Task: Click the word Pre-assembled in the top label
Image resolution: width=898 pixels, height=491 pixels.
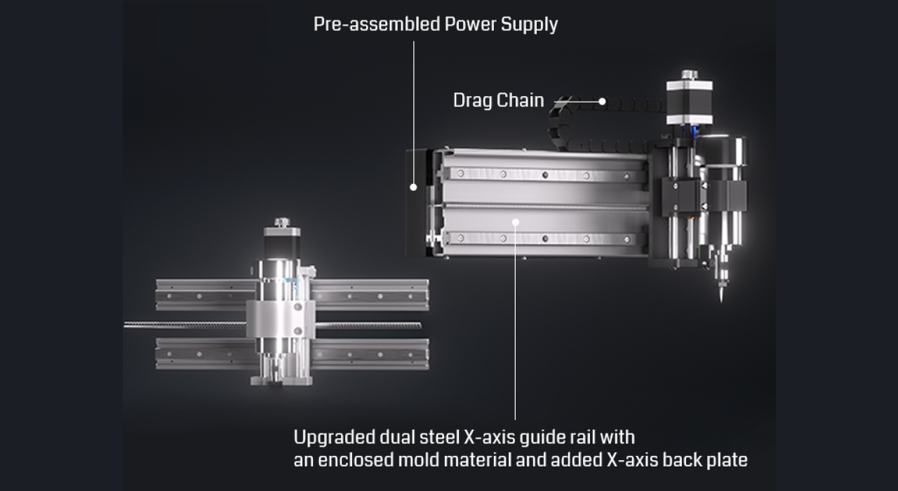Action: click(x=377, y=24)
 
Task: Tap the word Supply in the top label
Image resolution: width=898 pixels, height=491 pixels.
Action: click(x=529, y=25)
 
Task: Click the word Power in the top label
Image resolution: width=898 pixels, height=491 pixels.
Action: click(x=470, y=24)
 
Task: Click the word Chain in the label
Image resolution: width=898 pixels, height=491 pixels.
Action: click(x=521, y=100)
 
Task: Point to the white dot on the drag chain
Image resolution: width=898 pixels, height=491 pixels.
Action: click(x=602, y=102)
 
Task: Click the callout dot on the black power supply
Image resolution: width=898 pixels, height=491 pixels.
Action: click(x=413, y=187)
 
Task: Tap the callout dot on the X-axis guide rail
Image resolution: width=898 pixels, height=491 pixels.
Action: click(x=516, y=222)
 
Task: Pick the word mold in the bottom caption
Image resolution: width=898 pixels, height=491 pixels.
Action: click(x=419, y=459)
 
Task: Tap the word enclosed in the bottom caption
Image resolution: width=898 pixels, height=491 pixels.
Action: click(x=356, y=459)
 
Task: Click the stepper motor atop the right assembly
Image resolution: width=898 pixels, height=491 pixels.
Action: click(x=690, y=102)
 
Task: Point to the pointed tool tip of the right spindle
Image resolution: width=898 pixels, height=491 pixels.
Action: click(x=722, y=302)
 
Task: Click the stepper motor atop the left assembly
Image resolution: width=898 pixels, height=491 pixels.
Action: click(x=282, y=243)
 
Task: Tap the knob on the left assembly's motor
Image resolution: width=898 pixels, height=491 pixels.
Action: click(x=282, y=222)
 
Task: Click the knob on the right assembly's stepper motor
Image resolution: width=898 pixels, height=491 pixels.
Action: click(x=690, y=75)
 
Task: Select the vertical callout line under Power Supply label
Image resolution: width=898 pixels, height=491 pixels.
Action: click(x=414, y=112)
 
